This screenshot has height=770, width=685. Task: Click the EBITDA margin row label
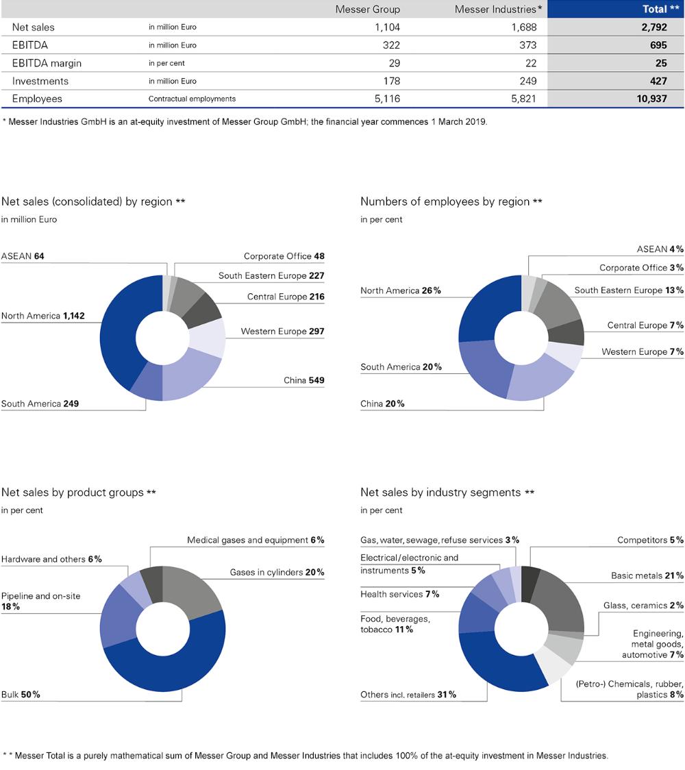[x=47, y=63]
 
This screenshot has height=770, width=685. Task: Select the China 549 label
[x=303, y=380]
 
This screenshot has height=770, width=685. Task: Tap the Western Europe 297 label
[x=282, y=332]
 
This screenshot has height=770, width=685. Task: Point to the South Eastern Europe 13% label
[x=628, y=290]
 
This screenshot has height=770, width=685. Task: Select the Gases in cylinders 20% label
[x=277, y=573]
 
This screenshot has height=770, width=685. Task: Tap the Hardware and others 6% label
[x=51, y=559]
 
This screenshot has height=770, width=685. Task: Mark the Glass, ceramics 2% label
[x=643, y=606]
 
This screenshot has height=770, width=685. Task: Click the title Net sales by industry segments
[x=440, y=493]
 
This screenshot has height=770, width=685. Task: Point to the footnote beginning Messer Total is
[x=308, y=756]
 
